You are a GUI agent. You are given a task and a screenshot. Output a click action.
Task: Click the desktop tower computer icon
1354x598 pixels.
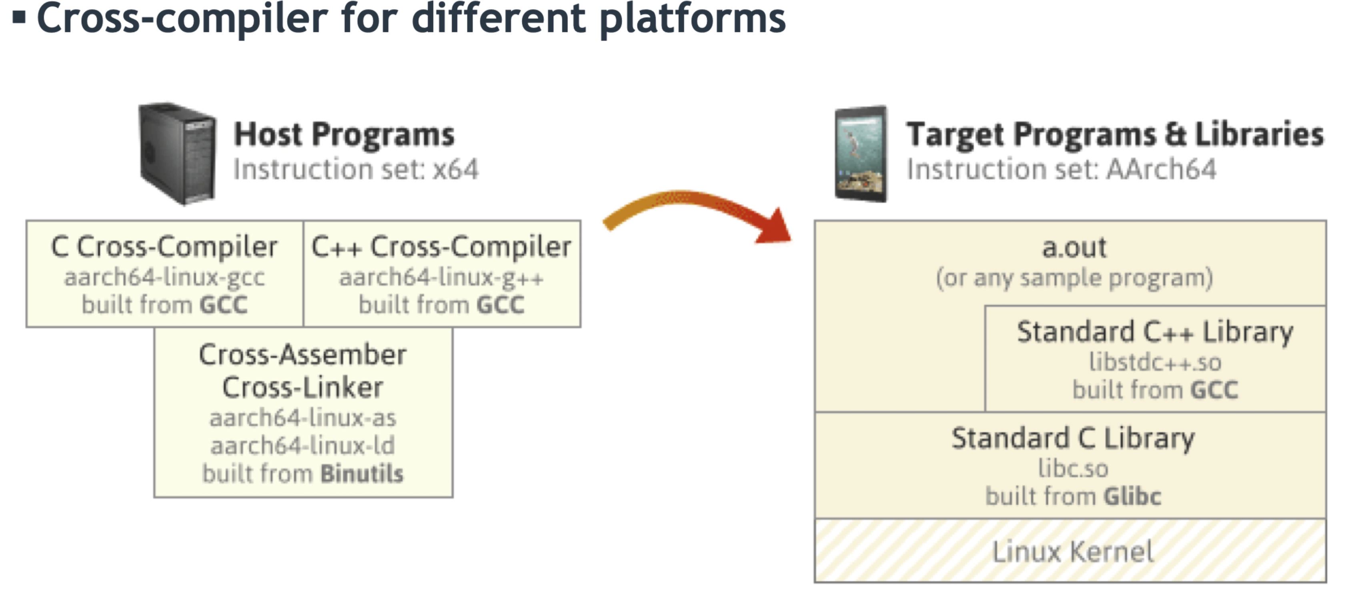coord(177,153)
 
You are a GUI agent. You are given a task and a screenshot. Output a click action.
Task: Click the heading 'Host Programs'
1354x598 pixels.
coord(344,134)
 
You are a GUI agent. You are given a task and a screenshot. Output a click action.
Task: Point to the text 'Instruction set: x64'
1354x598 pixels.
coord(356,169)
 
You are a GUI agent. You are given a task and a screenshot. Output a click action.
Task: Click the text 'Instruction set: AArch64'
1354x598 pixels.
coord(1061,169)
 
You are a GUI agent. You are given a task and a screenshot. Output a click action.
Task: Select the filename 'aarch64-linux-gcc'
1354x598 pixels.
coord(164,277)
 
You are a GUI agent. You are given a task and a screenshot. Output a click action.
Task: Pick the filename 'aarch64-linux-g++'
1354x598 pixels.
coord(441,277)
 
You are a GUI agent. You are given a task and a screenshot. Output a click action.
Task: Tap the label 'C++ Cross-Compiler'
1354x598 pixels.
coord(441,247)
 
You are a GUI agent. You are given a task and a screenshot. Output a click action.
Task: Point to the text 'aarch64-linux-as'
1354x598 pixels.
coord(303,418)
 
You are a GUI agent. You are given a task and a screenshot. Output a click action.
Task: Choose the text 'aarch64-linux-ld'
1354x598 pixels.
coord(303,446)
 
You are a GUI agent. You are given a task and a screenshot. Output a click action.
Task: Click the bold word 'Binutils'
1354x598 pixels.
coord(362,474)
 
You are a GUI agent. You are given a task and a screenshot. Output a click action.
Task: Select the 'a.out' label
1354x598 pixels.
coord(1074,247)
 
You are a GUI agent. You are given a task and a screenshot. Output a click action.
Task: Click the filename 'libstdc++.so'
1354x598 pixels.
coord(1155,362)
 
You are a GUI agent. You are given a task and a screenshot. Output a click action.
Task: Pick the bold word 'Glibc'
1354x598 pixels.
coord(1132,496)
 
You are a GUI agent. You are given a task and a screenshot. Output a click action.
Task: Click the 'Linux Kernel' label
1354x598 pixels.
coord(1073,551)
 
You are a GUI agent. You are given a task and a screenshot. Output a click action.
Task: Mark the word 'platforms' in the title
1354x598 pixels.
coord(692,19)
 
